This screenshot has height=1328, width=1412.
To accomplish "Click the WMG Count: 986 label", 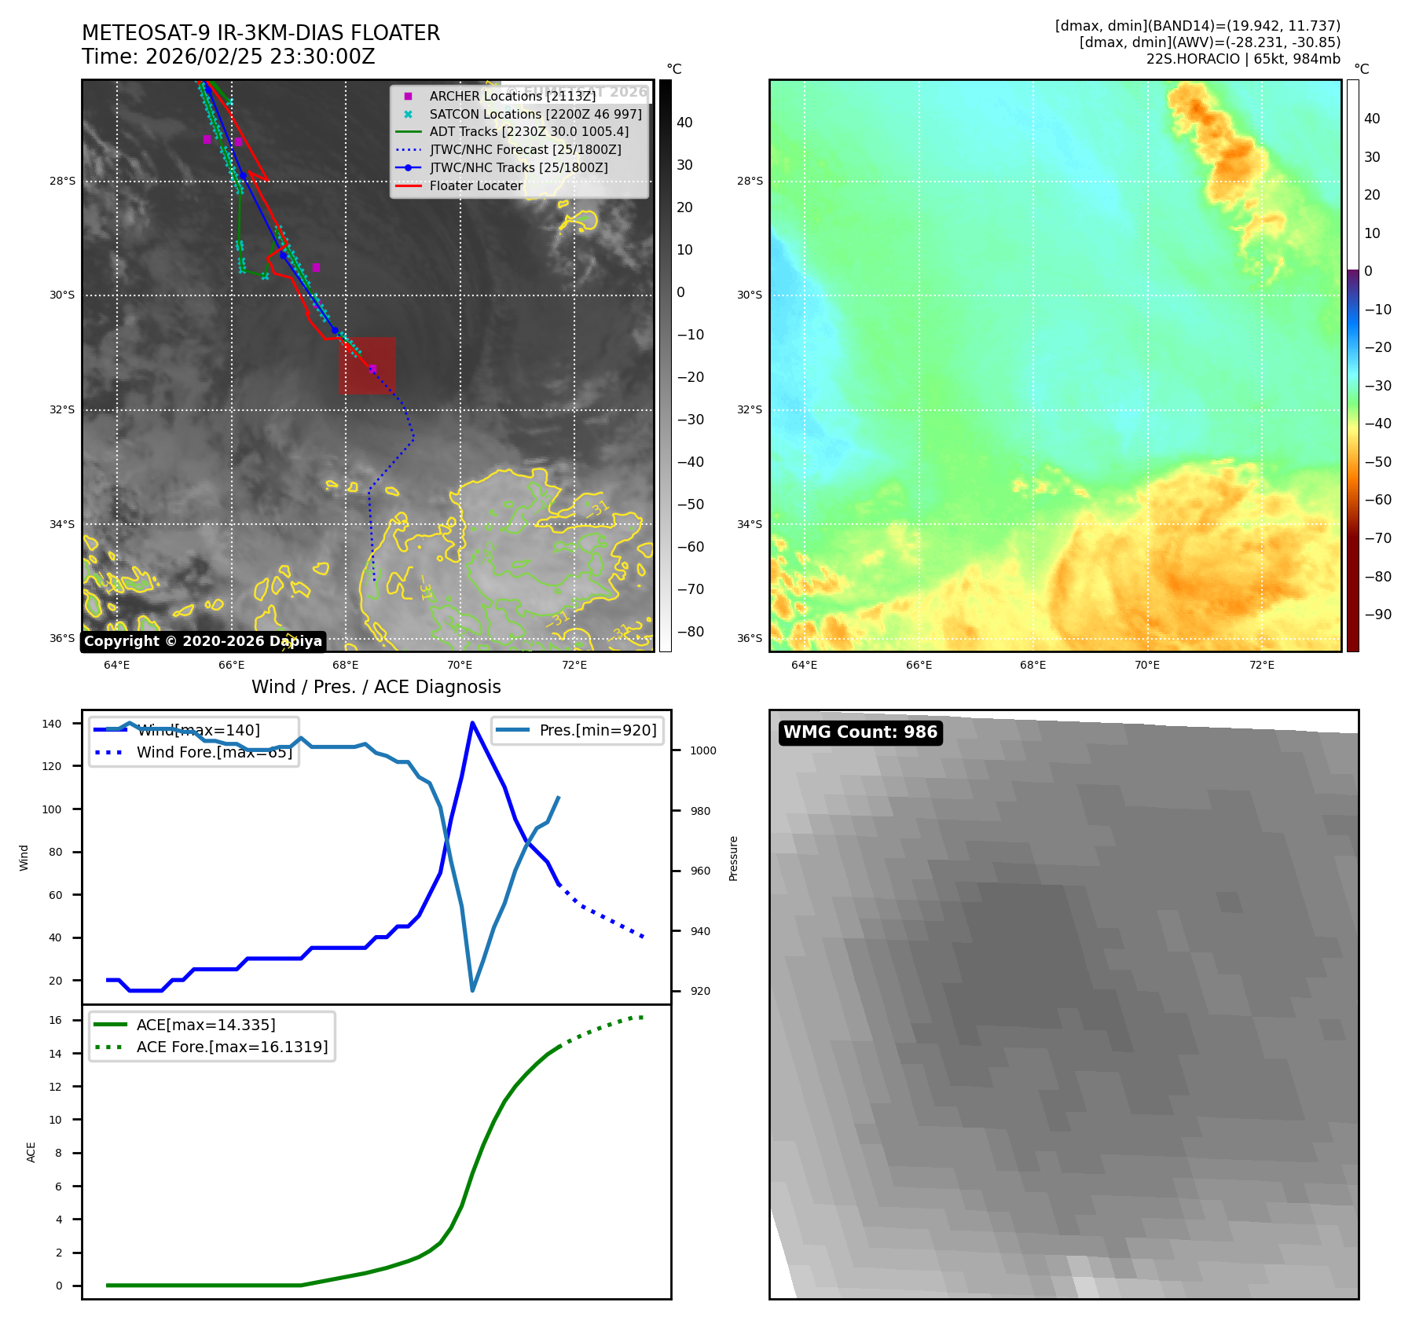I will click(x=860, y=732).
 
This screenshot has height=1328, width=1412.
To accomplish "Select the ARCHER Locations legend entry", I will click(x=512, y=96).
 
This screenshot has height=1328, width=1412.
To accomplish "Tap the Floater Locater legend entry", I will click(x=475, y=185).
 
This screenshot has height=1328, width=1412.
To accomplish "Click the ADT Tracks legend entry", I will click(x=529, y=132).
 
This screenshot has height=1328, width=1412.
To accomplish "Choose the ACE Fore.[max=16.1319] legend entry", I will click(x=232, y=1047).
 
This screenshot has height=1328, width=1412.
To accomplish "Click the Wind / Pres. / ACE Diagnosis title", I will click(x=376, y=687).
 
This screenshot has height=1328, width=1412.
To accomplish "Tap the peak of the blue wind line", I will click(x=472, y=723).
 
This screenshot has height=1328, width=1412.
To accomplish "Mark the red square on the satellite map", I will click(x=368, y=365).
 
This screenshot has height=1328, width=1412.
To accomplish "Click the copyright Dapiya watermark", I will click(x=203, y=641).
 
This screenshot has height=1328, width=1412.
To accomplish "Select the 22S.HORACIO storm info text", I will click(x=1242, y=59).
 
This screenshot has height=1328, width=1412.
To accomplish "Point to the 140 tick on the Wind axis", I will click(x=52, y=724).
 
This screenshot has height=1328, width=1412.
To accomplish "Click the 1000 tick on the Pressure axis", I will click(x=702, y=750).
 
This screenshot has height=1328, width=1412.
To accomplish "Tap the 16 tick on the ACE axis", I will click(x=55, y=1020).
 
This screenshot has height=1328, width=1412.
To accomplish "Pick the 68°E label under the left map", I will click(x=346, y=665).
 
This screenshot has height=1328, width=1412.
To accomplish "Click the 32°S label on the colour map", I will click(x=749, y=409).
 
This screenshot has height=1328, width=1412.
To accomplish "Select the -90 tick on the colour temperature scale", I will click(x=1377, y=614).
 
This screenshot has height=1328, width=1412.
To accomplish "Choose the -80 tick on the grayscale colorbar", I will click(x=691, y=632).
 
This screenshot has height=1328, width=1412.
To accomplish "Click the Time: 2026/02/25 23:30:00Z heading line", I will click(x=228, y=57).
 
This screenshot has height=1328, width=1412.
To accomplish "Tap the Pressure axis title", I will click(x=733, y=857).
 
